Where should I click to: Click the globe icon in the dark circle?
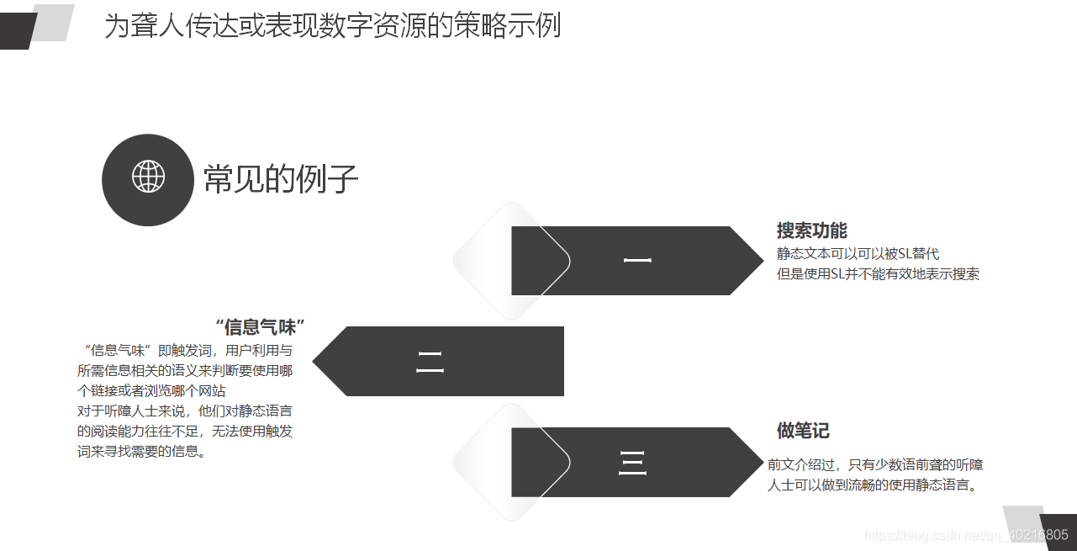148,177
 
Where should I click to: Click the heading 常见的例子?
281,179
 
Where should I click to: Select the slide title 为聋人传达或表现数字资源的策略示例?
332,26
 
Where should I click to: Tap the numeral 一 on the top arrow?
637,261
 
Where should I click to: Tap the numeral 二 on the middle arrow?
430,362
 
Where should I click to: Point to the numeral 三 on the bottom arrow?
632,463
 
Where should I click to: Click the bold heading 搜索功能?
811,230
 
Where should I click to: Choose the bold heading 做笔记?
803,431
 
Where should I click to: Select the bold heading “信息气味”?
260,326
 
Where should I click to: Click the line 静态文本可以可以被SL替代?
858,253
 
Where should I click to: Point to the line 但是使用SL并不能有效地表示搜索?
878,273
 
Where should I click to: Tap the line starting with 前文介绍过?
875,464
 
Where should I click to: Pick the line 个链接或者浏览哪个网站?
151,390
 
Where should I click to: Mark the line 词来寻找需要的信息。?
142,451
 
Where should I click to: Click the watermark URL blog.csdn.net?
966,535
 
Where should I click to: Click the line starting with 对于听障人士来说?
185,411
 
